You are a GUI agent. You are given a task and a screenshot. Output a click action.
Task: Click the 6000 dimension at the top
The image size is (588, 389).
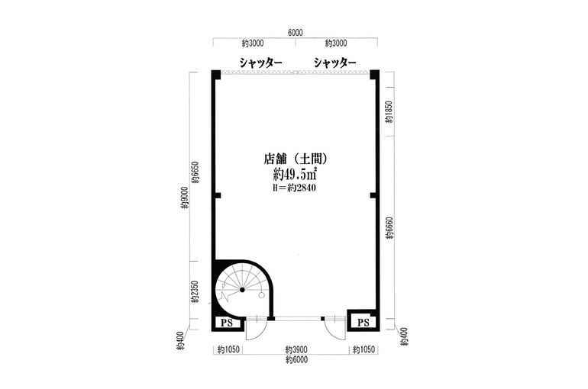coord(296,33)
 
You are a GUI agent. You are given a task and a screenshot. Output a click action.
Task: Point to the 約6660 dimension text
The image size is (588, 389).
coord(389,227)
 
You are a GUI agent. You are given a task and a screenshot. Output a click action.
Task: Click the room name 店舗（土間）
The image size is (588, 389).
coord(296,160)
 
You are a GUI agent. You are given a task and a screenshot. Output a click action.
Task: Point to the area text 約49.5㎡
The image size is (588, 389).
coord(296,175)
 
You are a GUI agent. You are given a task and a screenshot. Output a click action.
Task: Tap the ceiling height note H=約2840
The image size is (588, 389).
coord(296,188)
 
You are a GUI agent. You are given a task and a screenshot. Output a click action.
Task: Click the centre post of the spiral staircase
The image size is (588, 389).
coord(242,291)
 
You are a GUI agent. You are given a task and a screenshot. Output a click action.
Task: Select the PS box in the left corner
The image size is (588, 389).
coord(226,323)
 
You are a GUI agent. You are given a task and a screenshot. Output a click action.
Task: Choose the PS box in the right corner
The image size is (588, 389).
coord(363,323)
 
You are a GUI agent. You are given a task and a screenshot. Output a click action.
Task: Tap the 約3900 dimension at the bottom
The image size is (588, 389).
coord(296,350)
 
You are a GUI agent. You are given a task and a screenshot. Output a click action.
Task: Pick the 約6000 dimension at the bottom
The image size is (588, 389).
coord(296,359)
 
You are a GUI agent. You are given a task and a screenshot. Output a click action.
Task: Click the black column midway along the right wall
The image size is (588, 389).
coord(373,196)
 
